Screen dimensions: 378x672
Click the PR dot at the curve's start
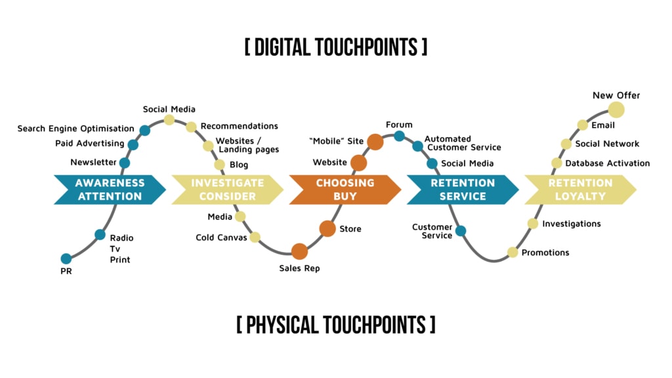click(x=66, y=259)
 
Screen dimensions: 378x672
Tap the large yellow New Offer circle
click(x=616, y=110)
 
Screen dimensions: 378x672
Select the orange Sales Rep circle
click(x=299, y=251)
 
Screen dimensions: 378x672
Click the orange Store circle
click(x=327, y=228)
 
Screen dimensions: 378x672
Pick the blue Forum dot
click(x=399, y=136)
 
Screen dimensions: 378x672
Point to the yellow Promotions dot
click(x=513, y=253)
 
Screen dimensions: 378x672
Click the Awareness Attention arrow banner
click(x=109, y=190)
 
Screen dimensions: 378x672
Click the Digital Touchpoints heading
click(x=336, y=47)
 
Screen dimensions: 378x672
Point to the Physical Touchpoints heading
click(x=336, y=325)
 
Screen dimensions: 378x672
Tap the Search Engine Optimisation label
click(x=75, y=129)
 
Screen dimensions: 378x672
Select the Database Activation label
click(x=608, y=163)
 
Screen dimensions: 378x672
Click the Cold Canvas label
click(x=221, y=238)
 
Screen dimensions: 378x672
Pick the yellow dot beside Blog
click(x=220, y=165)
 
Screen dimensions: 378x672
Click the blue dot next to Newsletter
click(x=125, y=163)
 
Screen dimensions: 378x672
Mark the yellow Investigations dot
click(x=533, y=224)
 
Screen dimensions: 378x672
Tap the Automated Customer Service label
click(x=462, y=143)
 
